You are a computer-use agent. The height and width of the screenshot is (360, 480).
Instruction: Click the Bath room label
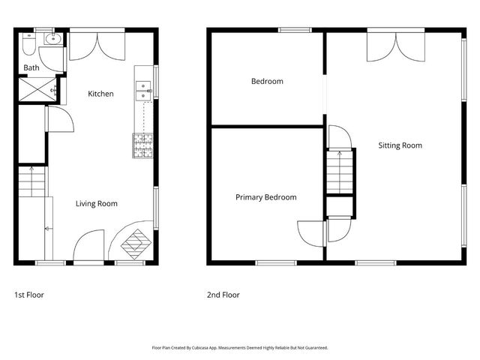pyautogui.click(x=31, y=67)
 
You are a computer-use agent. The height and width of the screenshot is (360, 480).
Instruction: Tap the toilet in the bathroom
pyautogui.click(x=29, y=44)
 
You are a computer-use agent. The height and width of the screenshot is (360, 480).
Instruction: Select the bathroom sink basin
pyautogui.click(x=53, y=39)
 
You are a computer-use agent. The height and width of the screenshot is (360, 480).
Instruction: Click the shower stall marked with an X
pyautogui.click(x=37, y=89)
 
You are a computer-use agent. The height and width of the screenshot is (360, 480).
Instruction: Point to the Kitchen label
pyautogui.click(x=100, y=94)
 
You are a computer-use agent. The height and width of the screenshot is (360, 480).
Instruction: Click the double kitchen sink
pyautogui.click(x=143, y=91)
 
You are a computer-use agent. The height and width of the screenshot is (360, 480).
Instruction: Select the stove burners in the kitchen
pyautogui.click(x=142, y=145)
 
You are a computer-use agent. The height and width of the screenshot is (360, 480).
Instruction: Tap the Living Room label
pyautogui.click(x=97, y=203)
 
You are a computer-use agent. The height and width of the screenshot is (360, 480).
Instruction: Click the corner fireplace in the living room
pyautogui.click(x=136, y=244)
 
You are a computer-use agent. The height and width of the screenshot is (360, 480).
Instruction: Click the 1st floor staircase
pyautogui.click(x=31, y=181)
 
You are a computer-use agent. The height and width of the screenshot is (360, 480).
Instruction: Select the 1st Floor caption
pyautogui.click(x=29, y=295)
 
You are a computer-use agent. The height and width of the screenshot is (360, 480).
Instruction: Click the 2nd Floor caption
pyautogui.click(x=223, y=295)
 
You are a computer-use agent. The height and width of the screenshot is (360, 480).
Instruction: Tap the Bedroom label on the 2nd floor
pyautogui.click(x=267, y=82)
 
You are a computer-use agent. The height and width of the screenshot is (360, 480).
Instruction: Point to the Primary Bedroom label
pyautogui.click(x=266, y=197)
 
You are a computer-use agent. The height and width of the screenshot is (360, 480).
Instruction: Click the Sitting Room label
pyautogui.click(x=400, y=145)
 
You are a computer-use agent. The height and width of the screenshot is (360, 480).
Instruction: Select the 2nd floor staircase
pyautogui.click(x=340, y=172)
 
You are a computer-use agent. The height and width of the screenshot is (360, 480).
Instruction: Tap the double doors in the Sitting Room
pyautogui.click(x=396, y=47)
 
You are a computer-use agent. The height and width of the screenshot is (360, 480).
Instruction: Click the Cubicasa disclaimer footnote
pyautogui.click(x=240, y=348)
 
